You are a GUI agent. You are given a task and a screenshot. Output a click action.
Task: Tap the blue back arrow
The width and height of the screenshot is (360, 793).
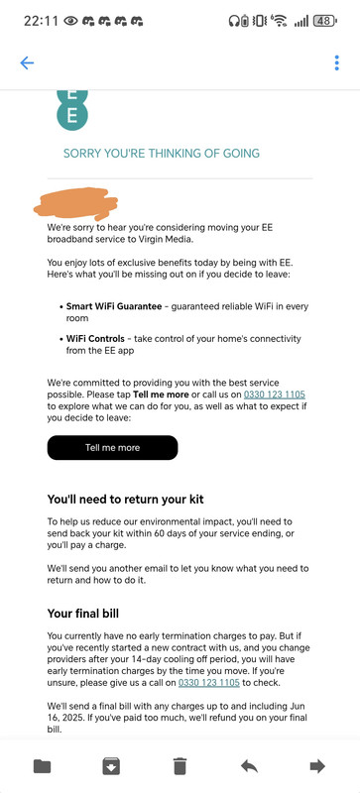tap(27, 62)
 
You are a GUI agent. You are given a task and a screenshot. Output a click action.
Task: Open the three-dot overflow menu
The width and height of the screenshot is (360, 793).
tap(337, 62)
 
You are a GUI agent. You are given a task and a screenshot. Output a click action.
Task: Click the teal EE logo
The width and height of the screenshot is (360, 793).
tap(71, 109)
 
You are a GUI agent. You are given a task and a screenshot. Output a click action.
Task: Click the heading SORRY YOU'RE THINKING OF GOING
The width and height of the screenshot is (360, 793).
tap(161, 153)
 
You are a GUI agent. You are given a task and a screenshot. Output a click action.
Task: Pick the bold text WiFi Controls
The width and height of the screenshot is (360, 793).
tap(95, 339)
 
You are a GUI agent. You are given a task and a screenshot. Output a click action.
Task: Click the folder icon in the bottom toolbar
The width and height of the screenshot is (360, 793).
tap(42, 765)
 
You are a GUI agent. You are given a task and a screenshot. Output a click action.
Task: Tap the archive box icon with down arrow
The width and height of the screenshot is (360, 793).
tap(111, 765)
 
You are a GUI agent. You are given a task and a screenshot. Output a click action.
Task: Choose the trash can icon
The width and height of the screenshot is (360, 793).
tap(180, 765)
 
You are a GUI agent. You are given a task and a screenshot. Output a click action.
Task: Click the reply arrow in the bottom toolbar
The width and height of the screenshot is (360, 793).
tap(249, 765)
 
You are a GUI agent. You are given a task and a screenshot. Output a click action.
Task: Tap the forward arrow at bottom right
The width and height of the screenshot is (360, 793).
tap(317, 765)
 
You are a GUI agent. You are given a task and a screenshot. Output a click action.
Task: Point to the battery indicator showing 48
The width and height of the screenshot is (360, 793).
tap(325, 20)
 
